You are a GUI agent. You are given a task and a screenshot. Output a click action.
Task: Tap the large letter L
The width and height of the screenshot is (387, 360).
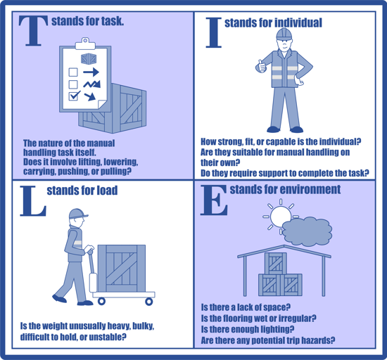coord(32,200)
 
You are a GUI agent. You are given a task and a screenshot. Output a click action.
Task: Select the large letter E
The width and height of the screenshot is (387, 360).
coord(214,200)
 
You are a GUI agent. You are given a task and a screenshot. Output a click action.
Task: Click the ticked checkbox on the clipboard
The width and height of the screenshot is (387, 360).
coord(73,96)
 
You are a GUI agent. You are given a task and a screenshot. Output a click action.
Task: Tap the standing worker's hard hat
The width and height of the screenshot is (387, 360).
coord(284,34)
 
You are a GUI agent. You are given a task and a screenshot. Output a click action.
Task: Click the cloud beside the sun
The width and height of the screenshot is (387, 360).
coord(308,231)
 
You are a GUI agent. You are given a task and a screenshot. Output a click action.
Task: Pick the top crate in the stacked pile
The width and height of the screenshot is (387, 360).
coord(277,263)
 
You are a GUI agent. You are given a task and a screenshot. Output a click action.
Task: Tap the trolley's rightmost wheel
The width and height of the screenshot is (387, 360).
coord(148,301)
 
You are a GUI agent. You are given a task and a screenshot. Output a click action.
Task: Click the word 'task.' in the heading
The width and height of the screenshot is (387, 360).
coord(109,21)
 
